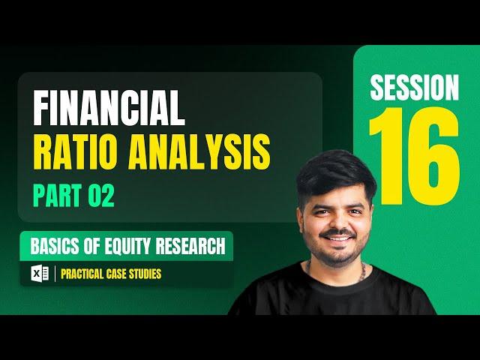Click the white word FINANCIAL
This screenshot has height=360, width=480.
pyautogui.click(x=109, y=107)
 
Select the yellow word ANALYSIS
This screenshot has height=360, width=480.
pyautogui.click(x=199, y=151)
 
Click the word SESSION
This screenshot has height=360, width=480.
pyautogui.click(x=415, y=88)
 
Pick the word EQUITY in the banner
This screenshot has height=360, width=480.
pyautogui.click(x=127, y=246)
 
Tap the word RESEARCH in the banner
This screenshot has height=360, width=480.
pyautogui.click(x=190, y=246)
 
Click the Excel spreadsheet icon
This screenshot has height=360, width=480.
pyautogui.click(x=40, y=273)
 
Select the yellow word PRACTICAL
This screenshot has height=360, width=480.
pyautogui.click(x=82, y=274)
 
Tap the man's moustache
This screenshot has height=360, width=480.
pyautogui.click(x=337, y=234)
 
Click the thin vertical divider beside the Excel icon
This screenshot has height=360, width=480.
pyautogui.click(x=55, y=273)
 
